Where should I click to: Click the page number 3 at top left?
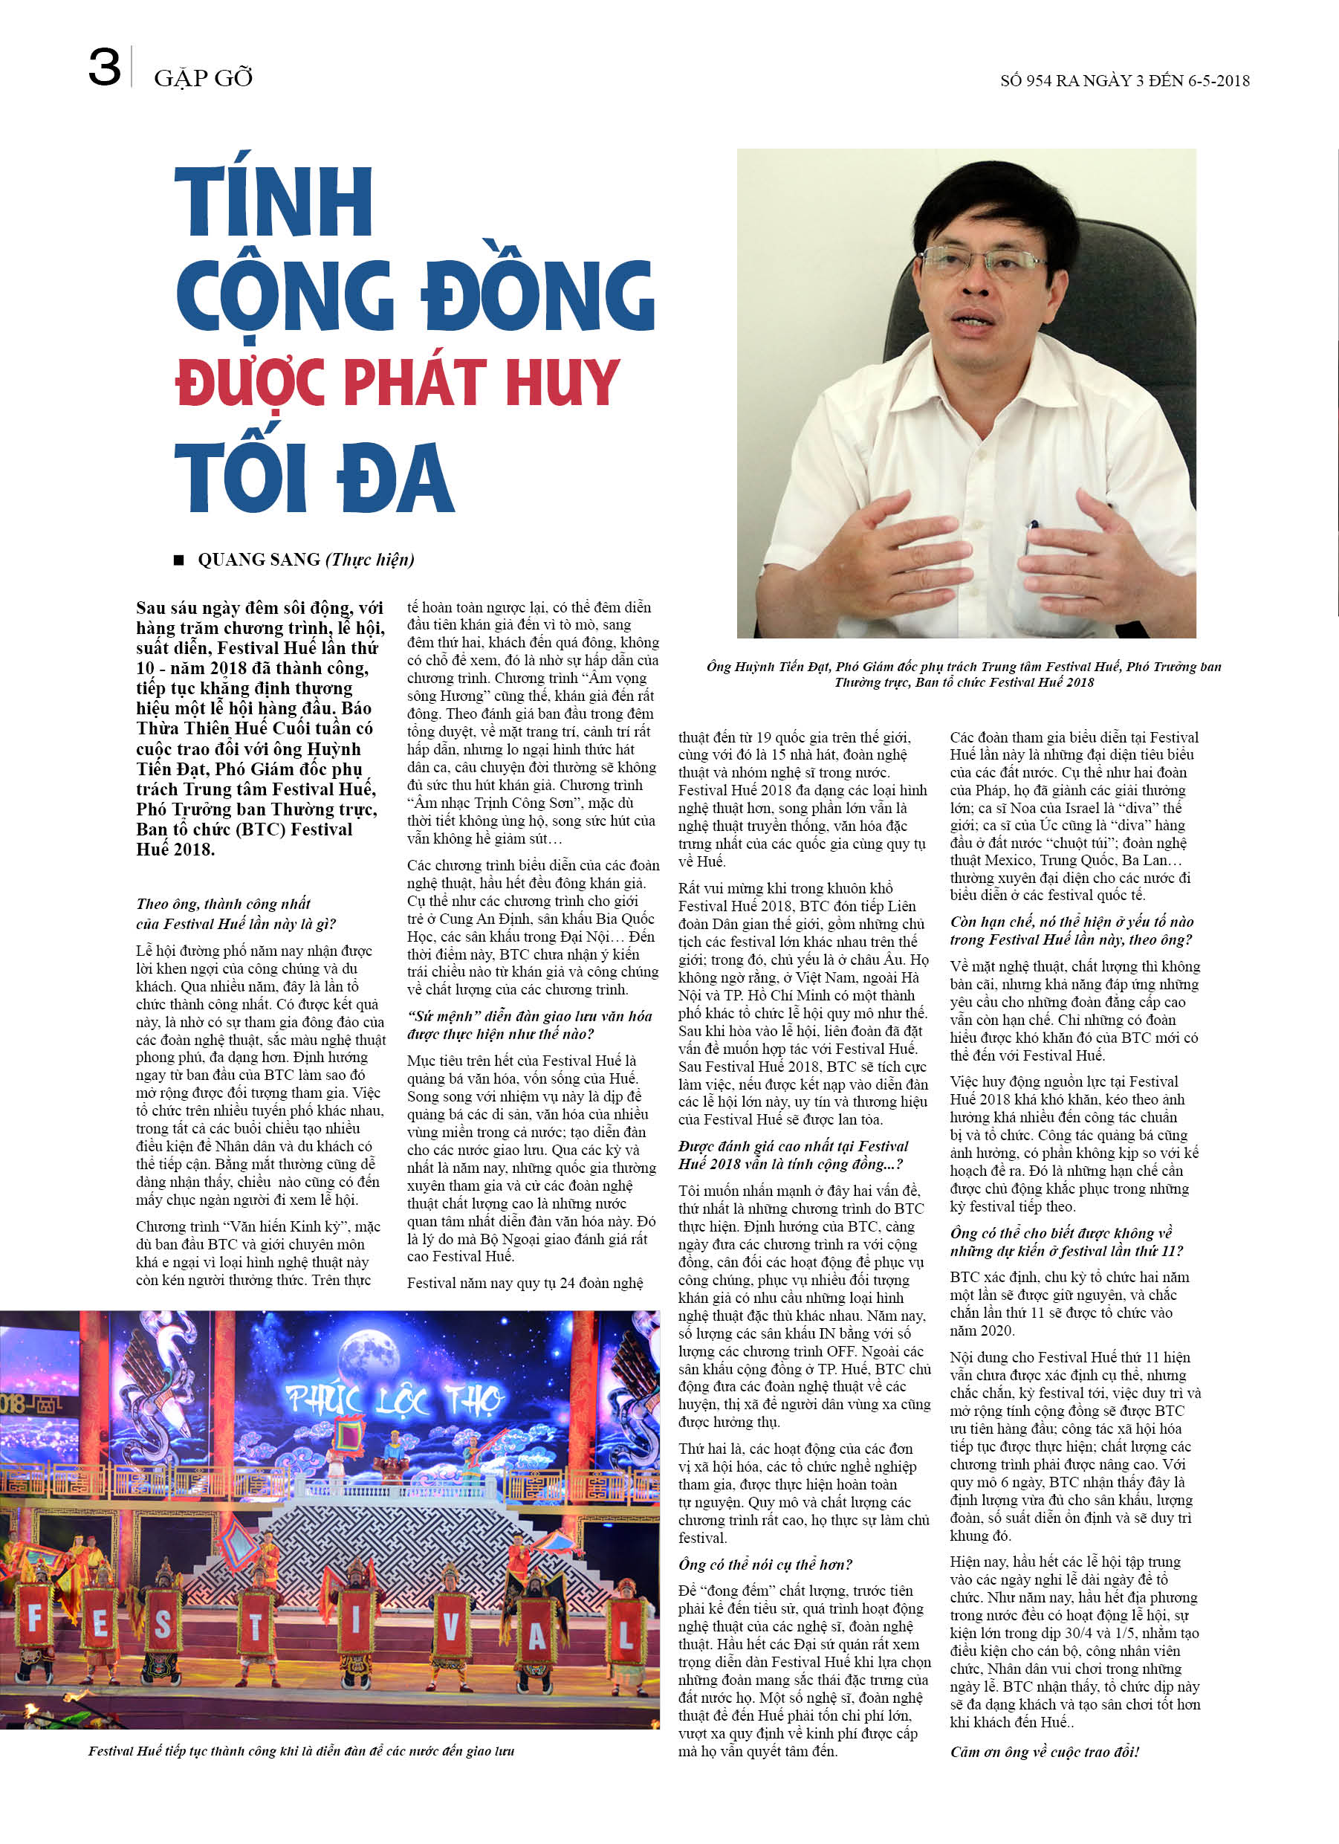(x=104, y=68)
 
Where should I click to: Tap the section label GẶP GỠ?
(x=204, y=78)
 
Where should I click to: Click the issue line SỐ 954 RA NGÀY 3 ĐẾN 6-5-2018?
(x=1124, y=80)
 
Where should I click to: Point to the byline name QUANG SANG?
(x=259, y=560)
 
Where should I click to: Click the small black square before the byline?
(x=179, y=560)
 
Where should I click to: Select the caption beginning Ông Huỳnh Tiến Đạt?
(x=964, y=674)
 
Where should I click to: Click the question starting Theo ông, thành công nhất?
(x=236, y=913)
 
